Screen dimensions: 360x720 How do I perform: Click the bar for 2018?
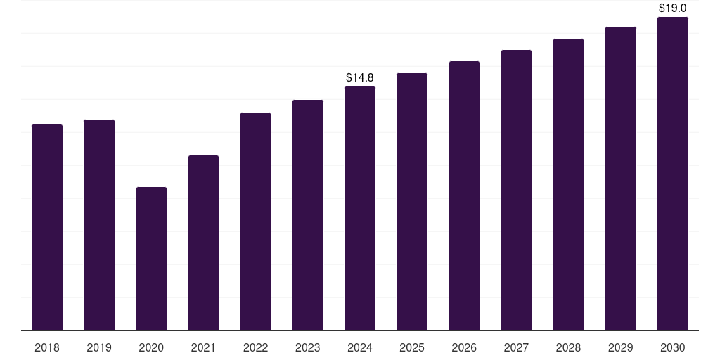47,227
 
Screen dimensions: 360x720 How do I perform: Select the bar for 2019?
99,225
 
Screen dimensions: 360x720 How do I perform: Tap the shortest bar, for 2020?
151,259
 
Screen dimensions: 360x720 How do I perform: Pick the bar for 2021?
203,243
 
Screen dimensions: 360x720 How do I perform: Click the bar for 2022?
255,221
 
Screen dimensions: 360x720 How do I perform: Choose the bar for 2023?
308,215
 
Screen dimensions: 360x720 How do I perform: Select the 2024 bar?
360,208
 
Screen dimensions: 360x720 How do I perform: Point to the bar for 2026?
464,195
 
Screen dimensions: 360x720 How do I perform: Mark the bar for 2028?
568,184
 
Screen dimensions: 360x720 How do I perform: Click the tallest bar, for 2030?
673,174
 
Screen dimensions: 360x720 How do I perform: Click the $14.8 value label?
360,77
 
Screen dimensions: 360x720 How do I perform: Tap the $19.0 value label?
673,8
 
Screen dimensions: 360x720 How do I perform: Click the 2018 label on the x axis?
47,347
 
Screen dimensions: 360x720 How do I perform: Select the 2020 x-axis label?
151,347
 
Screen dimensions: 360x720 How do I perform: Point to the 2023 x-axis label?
308,347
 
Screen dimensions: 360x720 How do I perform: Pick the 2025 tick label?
412,347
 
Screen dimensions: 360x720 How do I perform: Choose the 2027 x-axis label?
516,347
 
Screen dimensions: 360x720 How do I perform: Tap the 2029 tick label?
621,347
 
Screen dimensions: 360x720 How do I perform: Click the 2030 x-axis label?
673,347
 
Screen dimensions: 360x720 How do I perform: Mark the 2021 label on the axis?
203,347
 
